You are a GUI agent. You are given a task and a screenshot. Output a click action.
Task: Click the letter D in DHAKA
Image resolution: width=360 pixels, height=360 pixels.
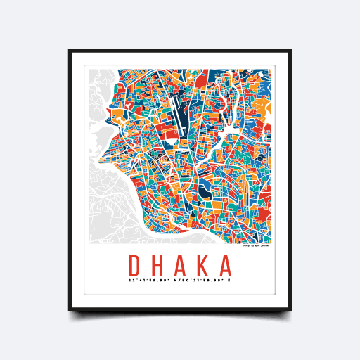135,266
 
